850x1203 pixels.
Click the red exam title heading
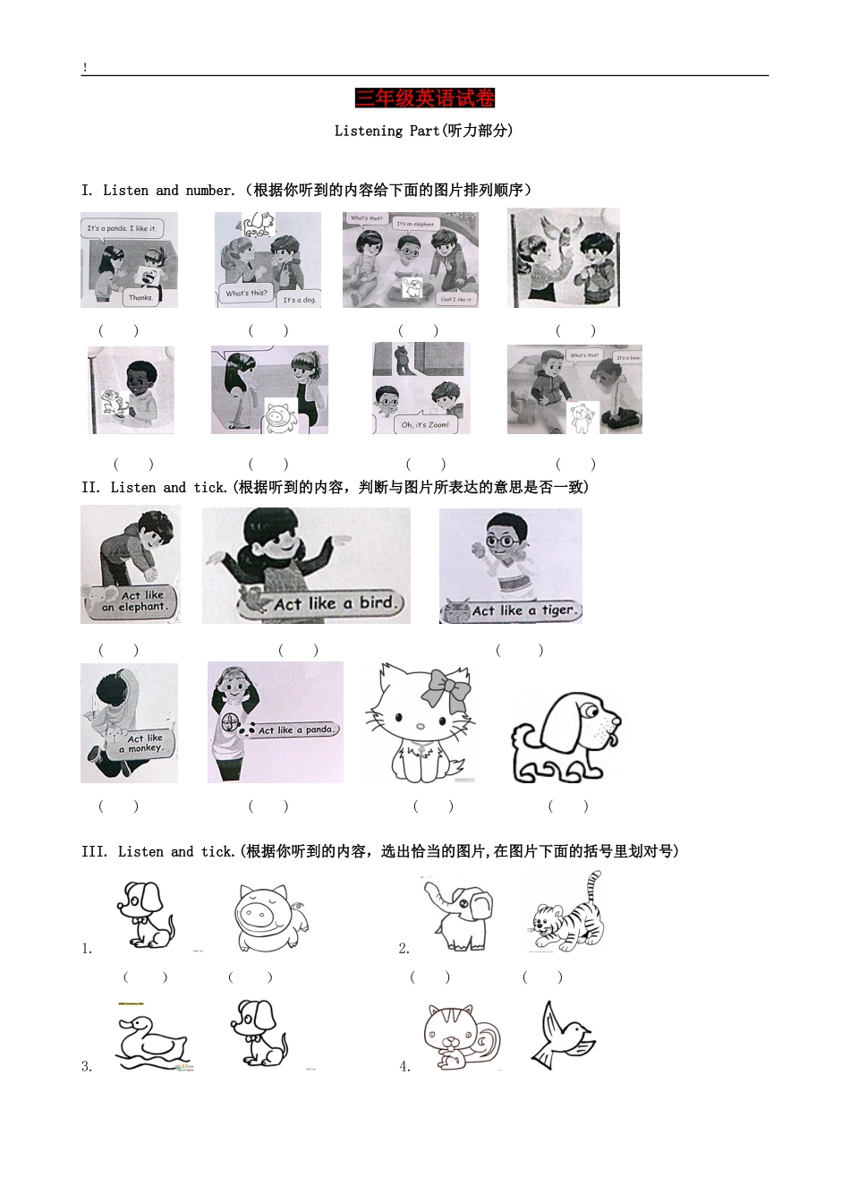click(424, 98)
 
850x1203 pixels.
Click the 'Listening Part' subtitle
click(423, 131)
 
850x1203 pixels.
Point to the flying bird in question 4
click(564, 1036)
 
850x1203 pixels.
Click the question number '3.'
click(87, 1066)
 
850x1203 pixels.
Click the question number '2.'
click(404, 949)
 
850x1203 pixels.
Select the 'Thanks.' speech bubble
click(140, 297)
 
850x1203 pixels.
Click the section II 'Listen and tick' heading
click(335, 488)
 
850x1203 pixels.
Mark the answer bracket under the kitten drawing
click(433, 806)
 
